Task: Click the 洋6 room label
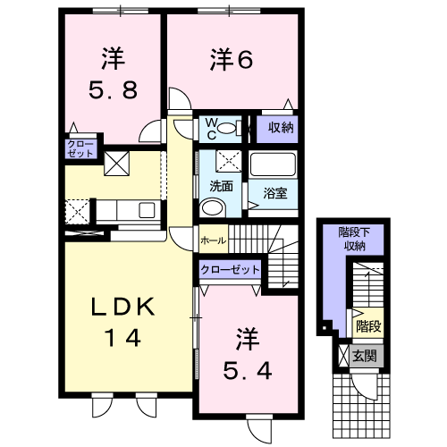(x=232, y=60)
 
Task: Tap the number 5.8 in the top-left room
(x=114, y=90)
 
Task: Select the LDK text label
(x=122, y=307)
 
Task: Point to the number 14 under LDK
(x=123, y=337)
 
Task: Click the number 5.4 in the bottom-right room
(x=248, y=371)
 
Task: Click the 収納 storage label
(x=281, y=128)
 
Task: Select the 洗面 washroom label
(x=221, y=186)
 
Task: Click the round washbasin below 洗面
(x=212, y=207)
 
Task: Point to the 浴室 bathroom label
(x=274, y=193)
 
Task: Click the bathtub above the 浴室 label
(x=274, y=164)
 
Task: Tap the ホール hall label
(x=214, y=240)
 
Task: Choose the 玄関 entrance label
(x=365, y=356)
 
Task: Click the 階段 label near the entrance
(x=368, y=326)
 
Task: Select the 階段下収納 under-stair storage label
(x=355, y=239)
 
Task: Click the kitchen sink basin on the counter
(x=147, y=210)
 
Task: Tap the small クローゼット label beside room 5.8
(x=80, y=149)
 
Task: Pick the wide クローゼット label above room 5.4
(x=230, y=270)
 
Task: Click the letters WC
(x=211, y=129)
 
